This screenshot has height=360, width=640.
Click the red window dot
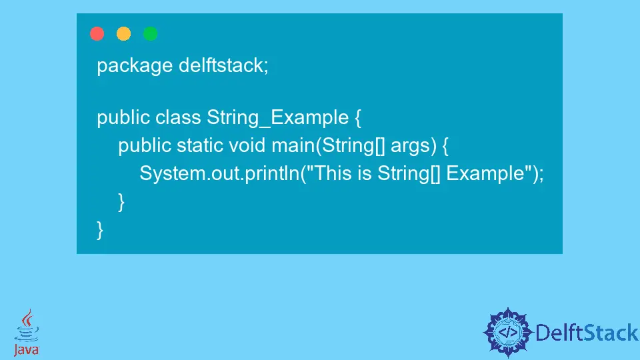pos(97,33)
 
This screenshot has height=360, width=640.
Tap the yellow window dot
pos(124,33)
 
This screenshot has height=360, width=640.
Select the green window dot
pos(150,33)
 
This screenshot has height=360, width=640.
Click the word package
pos(135,66)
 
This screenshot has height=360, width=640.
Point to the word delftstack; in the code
pos(224,65)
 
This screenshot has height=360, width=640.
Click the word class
pos(178,117)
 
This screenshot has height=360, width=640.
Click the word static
pos(199,145)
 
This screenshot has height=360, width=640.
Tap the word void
pos(247,145)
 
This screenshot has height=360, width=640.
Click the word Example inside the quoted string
pos(485,174)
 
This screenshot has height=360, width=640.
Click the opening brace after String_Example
pos(358,119)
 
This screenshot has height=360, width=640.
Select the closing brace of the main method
pos(121,202)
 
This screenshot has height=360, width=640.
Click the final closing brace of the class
pos(100,230)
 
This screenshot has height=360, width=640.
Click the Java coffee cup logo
pos(27,332)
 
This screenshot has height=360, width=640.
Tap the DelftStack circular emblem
pos(508,332)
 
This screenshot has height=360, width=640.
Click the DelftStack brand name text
pos(587,333)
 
